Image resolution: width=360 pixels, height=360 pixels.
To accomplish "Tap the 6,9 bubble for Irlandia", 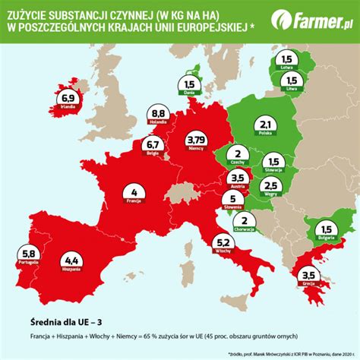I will pyautogui.click(x=67, y=100).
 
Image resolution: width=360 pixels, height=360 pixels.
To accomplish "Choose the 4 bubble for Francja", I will pyautogui.click(x=134, y=193).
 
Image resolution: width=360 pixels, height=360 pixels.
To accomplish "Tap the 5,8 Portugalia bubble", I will pyautogui.click(x=29, y=253).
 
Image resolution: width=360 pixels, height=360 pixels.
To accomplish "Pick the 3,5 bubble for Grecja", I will pyautogui.click(x=308, y=276).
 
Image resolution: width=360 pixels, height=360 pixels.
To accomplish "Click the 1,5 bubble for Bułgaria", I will pyautogui.click(x=327, y=232).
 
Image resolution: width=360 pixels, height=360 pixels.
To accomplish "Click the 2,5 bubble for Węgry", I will pyautogui.click(x=270, y=186).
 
